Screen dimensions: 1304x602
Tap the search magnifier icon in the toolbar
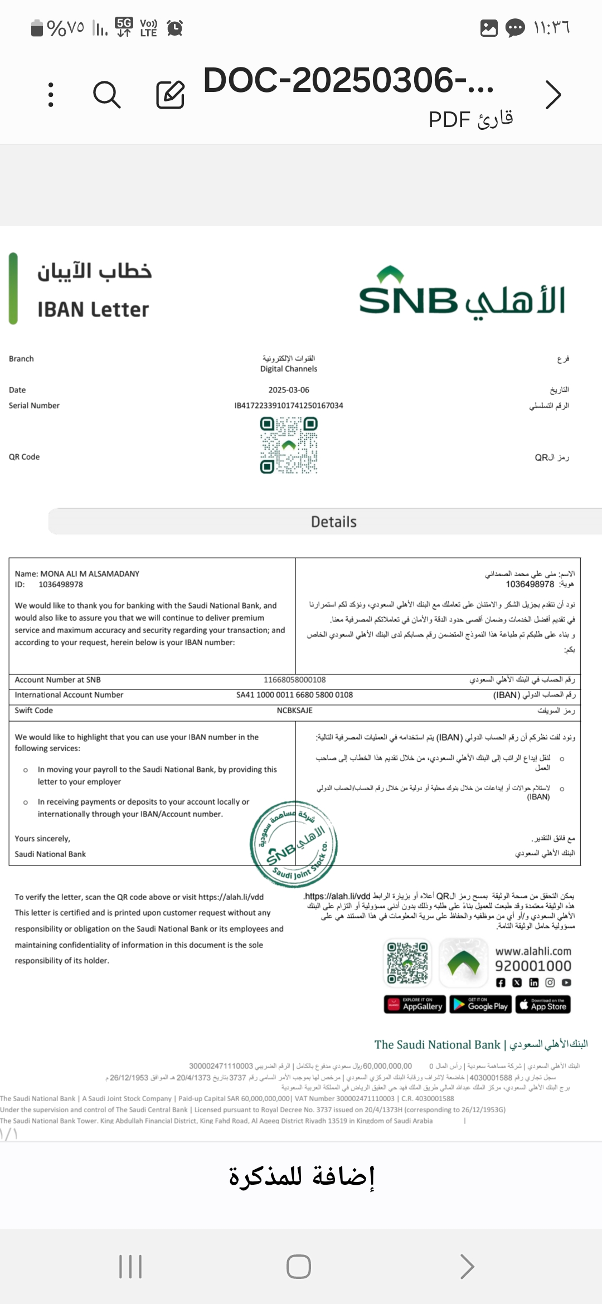(106, 94)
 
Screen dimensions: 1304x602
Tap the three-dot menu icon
(51, 94)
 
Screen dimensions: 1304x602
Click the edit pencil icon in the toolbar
(170, 94)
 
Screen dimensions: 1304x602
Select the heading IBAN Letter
(93, 310)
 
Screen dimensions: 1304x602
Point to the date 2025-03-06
(289, 390)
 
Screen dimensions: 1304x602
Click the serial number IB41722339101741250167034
(289, 406)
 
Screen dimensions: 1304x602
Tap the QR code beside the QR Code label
(289, 446)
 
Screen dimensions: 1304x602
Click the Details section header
(333, 522)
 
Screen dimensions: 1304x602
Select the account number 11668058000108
(294, 680)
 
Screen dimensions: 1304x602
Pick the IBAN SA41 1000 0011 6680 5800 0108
(294, 695)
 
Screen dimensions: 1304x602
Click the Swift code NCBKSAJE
(294, 711)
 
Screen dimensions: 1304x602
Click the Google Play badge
(480, 1004)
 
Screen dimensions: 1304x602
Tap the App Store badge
(543, 1004)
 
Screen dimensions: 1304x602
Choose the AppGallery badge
(415, 1004)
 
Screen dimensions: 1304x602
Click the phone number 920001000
(533, 966)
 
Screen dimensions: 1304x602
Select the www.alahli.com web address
(533, 951)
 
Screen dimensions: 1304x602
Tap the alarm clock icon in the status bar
(175, 28)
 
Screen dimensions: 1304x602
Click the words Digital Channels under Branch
(289, 369)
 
